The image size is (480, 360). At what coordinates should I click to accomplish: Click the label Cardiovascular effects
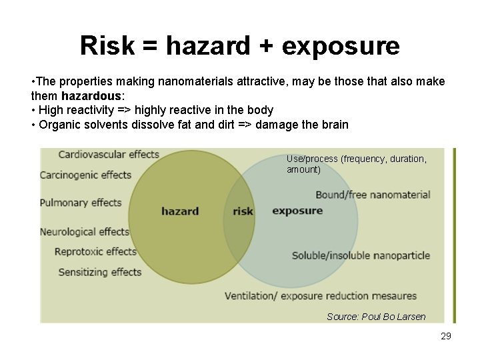[x=109, y=155]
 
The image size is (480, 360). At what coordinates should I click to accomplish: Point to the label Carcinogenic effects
[x=85, y=175]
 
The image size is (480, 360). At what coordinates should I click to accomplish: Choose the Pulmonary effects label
[x=81, y=203]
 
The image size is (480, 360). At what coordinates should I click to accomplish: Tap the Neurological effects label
[x=85, y=232]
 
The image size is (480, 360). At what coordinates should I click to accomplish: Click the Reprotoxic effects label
[x=95, y=251]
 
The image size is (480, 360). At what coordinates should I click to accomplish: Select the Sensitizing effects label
[x=100, y=272]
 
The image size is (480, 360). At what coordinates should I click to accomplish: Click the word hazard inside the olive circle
[x=180, y=211]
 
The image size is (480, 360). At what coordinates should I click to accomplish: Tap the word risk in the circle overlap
[x=243, y=211]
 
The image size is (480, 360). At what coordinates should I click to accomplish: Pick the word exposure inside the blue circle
[x=297, y=211]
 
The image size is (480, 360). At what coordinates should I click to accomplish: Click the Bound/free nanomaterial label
[x=373, y=195]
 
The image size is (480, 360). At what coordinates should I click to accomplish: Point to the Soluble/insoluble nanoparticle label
[x=361, y=255]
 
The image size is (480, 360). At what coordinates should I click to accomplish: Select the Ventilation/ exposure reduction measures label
[x=320, y=295]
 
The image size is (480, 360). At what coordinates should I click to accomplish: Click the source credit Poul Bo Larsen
[x=376, y=317]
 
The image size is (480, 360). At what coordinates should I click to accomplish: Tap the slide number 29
[x=446, y=336]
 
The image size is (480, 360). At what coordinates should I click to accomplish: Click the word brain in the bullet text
[x=335, y=125]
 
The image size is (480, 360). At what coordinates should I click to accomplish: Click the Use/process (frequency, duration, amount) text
[x=356, y=164]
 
